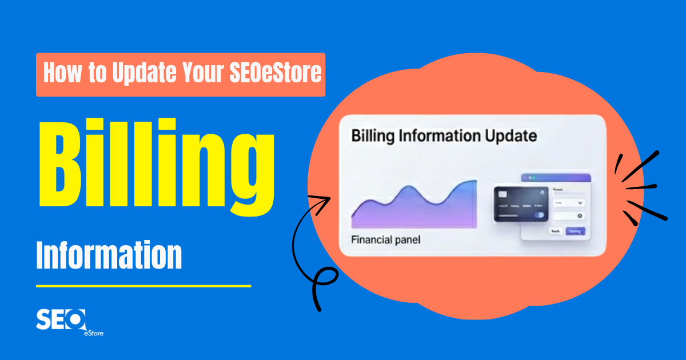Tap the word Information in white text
click(109, 256)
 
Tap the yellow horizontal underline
click(143, 286)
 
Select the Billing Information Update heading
click(444, 137)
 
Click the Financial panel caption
click(385, 240)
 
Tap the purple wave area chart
click(414, 209)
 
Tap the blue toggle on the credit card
click(539, 215)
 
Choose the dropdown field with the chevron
click(569, 202)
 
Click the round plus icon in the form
click(580, 216)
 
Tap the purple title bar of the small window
click(555, 178)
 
